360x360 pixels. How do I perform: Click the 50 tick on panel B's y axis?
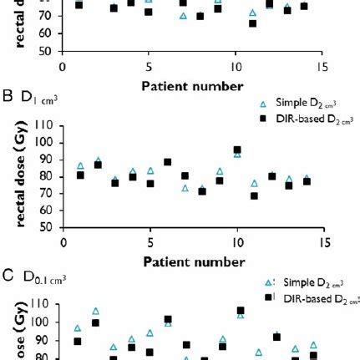(x=49, y=226)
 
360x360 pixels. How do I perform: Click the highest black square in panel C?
(x=241, y=311)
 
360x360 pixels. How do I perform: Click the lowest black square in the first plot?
(x=253, y=23)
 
